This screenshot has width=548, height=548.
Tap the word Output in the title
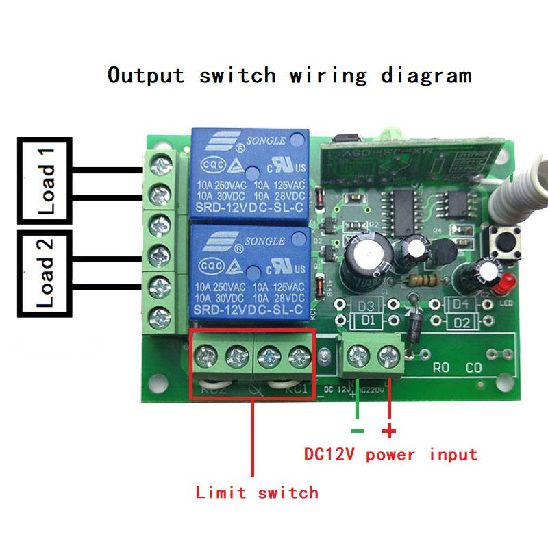(146, 74)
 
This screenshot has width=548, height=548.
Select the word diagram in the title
(426, 75)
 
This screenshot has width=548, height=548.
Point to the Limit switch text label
(257, 492)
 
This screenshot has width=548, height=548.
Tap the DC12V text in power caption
(331, 453)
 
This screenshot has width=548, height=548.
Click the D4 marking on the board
(460, 303)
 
